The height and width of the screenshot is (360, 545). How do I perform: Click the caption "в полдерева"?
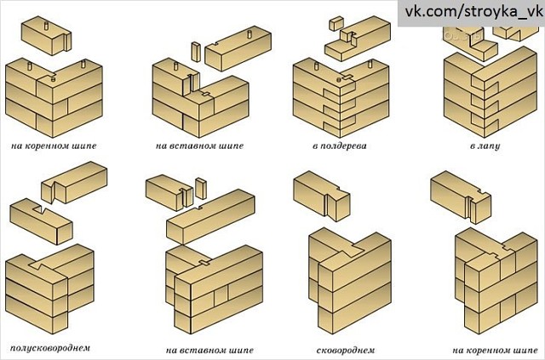click(x=339, y=146)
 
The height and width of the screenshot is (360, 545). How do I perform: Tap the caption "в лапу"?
click(x=485, y=146)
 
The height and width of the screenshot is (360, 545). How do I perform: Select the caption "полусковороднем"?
click(x=50, y=348)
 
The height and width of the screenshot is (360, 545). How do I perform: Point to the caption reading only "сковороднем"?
click(x=346, y=350)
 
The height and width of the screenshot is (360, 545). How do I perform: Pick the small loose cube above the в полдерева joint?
click(x=336, y=23)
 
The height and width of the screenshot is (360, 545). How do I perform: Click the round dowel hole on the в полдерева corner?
click(x=339, y=80)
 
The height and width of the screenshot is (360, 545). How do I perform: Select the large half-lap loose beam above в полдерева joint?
click(x=358, y=38)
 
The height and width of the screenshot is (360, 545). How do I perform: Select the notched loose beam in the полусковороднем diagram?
click(x=41, y=220)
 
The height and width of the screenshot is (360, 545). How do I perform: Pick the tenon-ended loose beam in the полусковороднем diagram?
click(x=74, y=182)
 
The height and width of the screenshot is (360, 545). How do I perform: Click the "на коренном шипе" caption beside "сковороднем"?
click(x=495, y=350)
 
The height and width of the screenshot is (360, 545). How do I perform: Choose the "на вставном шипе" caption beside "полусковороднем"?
click(x=209, y=350)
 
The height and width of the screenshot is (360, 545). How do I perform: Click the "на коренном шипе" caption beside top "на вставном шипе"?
click(x=54, y=146)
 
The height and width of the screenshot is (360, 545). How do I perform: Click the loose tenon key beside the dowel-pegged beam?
click(x=196, y=52)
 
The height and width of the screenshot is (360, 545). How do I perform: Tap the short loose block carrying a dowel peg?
click(x=46, y=36)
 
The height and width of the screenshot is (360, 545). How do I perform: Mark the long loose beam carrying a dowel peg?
click(x=238, y=49)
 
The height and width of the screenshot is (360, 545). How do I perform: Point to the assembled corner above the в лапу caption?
click(x=490, y=92)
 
